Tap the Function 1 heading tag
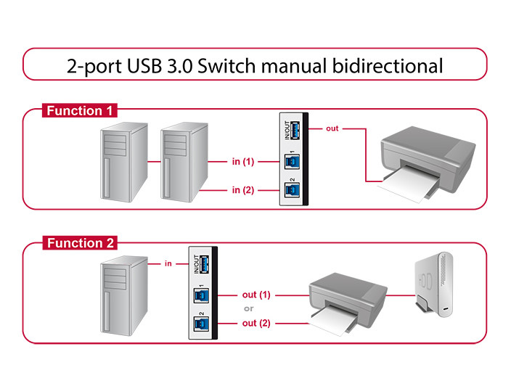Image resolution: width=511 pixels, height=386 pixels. click(x=79, y=111)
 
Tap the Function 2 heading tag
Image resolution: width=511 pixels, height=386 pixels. click(x=79, y=243)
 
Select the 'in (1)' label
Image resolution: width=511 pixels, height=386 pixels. click(x=242, y=161)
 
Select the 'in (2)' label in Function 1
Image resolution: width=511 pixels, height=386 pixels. click(x=242, y=190)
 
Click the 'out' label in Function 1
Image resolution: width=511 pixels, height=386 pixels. click(x=332, y=128)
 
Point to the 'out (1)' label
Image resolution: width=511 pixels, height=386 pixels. click(x=256, y=295)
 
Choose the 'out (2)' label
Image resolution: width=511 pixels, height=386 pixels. click(x=256, y=323)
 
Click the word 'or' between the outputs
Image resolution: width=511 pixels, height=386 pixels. click(x=249, y=309)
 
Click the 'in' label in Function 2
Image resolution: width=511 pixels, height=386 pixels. click(x=168, y=263)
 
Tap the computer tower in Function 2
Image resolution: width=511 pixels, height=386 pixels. click(x=123, y=297)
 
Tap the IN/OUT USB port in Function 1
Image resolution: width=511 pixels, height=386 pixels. click(x=294, y=133)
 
